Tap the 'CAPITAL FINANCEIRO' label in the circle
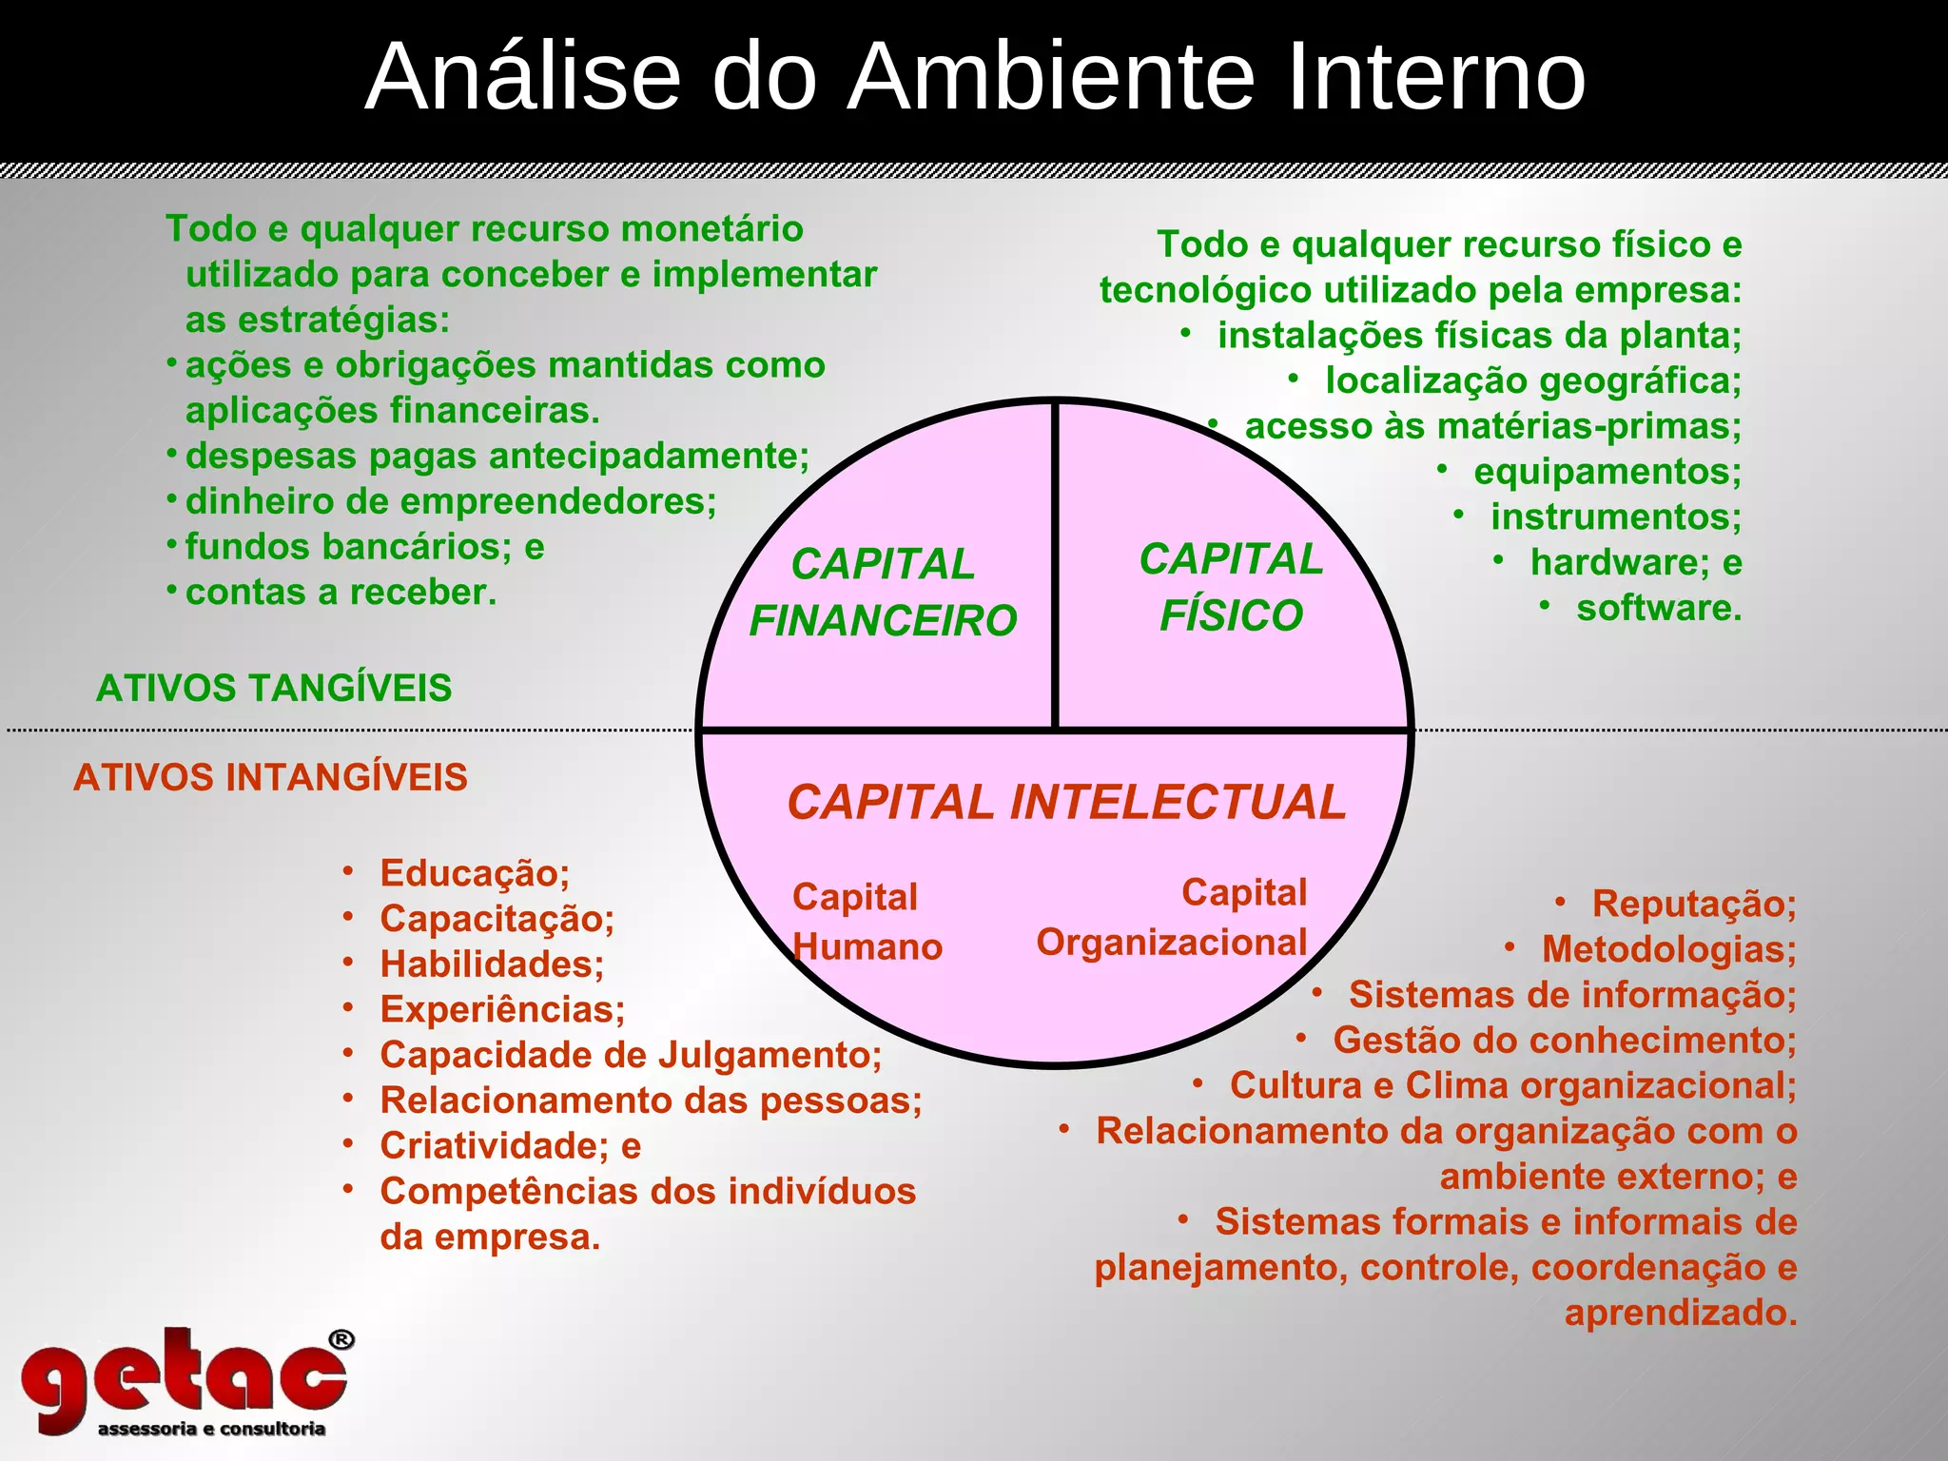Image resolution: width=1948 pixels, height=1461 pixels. [883, 593]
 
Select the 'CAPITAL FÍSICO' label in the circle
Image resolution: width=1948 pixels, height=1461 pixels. [1231, 587]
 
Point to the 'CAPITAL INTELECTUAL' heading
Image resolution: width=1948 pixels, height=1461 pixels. [1066, 802]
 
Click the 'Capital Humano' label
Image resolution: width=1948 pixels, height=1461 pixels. [866, 922]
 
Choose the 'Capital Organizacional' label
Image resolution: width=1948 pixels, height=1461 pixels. [1172, 918]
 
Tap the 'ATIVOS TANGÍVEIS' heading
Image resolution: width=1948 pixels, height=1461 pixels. [274, 688]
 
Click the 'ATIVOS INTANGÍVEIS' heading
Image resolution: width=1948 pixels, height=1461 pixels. [270, 777]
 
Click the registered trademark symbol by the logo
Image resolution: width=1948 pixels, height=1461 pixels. [341, 1340]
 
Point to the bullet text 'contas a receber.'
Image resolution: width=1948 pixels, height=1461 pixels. [341, 593]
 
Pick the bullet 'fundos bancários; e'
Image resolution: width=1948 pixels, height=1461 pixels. [364, 547]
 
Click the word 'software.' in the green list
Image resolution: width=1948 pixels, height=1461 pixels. [1659, 608]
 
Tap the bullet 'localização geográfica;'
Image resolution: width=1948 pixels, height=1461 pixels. [1533, 380]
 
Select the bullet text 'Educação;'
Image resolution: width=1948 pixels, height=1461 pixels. [475, 873]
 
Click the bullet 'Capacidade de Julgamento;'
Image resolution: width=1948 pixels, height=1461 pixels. [631, 1055]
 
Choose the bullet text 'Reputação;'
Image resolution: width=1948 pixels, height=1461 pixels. [1694, 904]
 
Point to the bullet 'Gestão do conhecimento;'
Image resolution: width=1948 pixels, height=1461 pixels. [1565, 1040]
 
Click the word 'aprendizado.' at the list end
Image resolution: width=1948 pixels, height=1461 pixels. [1681, 1313]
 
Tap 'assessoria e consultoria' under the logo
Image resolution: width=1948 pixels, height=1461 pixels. [211, 1429]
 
